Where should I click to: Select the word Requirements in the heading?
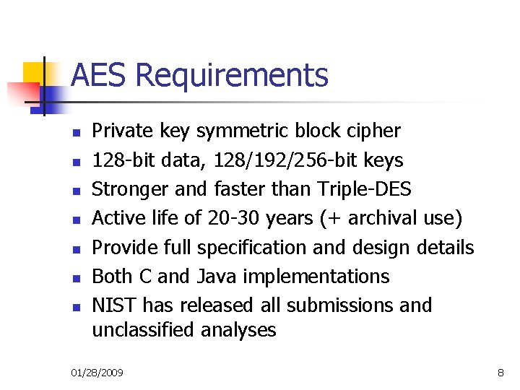point(232,75)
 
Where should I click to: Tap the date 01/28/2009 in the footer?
point(97,372)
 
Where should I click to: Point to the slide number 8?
point(500,372)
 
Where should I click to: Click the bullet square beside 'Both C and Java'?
point(74,277)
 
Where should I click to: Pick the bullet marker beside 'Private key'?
point(74,131)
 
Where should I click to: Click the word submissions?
point(339,305)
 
